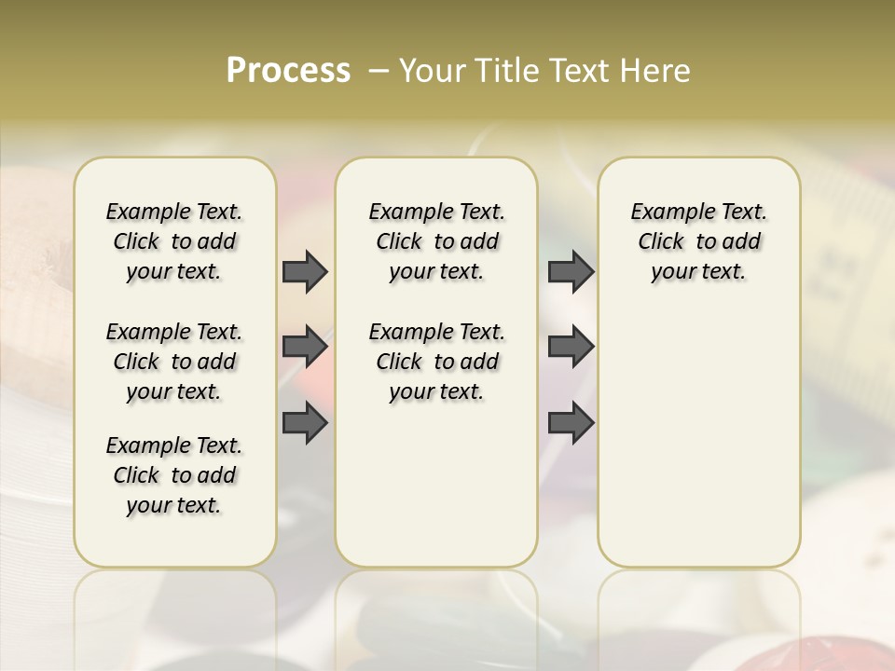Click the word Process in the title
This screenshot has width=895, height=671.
coord(288,71)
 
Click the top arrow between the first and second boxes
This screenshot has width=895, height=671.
coord(305,271)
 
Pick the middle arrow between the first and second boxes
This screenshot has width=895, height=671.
coord(305,347)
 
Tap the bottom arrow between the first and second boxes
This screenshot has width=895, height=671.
coord(305,423)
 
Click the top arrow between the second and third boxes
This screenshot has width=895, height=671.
coord(571,271)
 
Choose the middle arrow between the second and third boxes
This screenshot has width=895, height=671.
coord(571,347)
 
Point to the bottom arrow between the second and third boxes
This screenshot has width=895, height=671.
coord(571,423)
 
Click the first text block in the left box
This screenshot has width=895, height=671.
coord(174,241)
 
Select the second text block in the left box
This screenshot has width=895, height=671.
coord(174,362)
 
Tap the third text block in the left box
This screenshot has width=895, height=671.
coord(174,475)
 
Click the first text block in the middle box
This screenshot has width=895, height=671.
coord(436,241)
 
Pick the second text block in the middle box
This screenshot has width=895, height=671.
coord(436,362)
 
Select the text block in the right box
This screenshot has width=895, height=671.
coord(698,241)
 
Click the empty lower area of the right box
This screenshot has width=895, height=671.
coord(698,438)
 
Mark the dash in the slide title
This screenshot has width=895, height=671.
coord(379,71)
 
